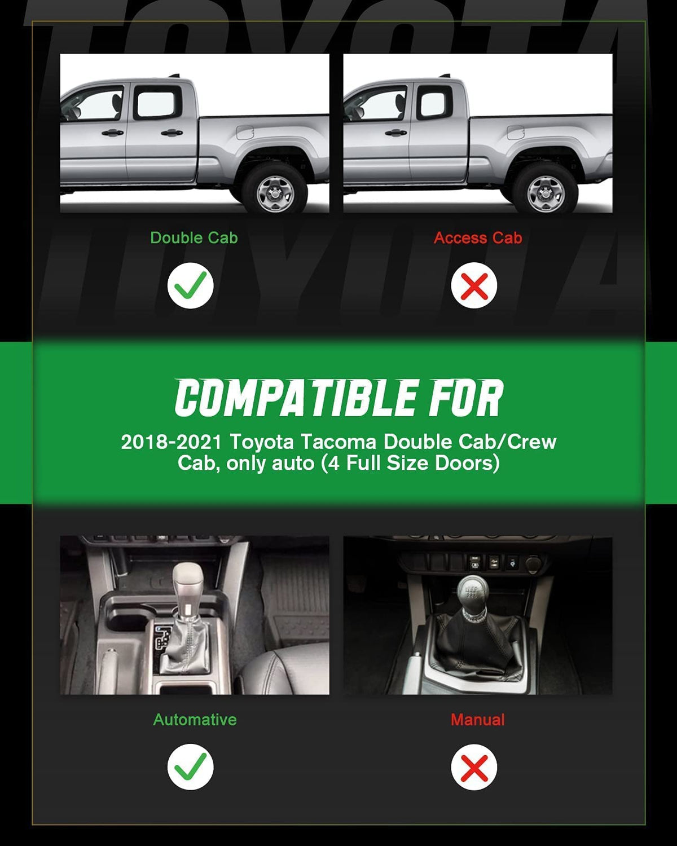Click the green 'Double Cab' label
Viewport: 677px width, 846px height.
194,238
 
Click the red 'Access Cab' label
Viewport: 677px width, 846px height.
478,238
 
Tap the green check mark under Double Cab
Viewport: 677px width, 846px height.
190,285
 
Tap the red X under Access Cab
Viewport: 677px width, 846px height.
474,285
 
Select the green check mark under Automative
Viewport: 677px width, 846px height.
190,766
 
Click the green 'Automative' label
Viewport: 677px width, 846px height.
195,720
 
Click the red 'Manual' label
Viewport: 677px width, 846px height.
477,720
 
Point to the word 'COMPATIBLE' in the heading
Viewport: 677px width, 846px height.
296,398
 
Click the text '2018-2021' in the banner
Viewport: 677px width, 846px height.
172,442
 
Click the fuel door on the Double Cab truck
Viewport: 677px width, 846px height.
245,133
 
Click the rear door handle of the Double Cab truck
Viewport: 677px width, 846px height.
172,133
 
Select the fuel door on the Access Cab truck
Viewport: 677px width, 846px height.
515,133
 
